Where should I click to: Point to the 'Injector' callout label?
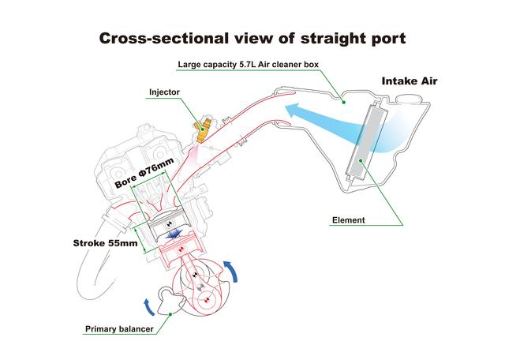tap(164, 92)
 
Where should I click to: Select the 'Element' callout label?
tap(349, 220)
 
